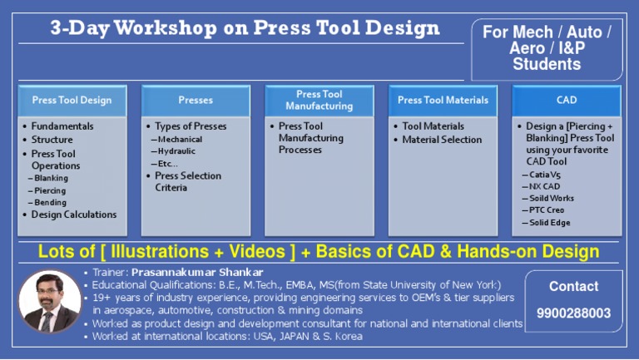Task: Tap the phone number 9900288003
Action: click(x=573, y=313)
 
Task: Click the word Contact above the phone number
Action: click(x=573, y=286)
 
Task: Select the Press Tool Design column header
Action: click(x=72, y=100)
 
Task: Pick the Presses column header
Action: click(x=196, y=100)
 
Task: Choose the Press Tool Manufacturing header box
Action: click(x=319, y=100)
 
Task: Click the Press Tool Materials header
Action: click(x=443, y=100)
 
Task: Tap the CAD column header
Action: click(x=567, y=100)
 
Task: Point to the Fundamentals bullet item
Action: click(x=62, y=126)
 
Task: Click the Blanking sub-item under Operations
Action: click(x=51, y=178)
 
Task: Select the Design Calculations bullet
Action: click(x=73, y=215)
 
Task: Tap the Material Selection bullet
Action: click(x=442, y=140)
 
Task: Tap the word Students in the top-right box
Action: click(x=547, y=64)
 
